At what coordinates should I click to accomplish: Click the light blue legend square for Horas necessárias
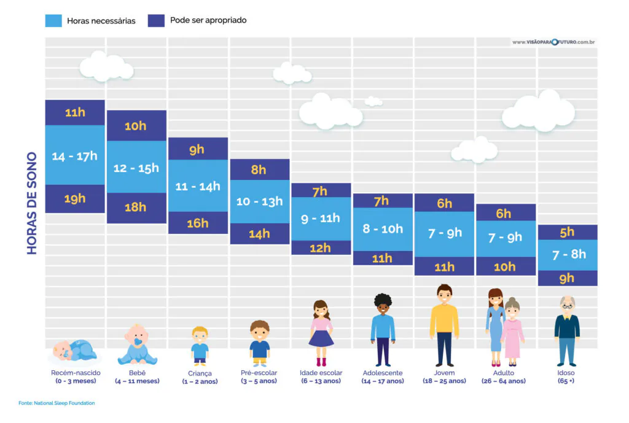[53, 20]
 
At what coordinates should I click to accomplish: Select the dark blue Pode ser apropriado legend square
[156, 20]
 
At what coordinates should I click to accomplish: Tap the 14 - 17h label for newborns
[74, 156]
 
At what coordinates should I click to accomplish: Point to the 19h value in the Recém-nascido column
[74, 199]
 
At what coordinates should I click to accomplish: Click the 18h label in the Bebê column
[136, 208]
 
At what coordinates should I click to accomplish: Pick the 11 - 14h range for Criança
[197, 186]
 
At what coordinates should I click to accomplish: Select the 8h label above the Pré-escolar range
[259, 170]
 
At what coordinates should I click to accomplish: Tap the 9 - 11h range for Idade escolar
[320, 218]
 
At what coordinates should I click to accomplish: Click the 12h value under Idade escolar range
[320, 248]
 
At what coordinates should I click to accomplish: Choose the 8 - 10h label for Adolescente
[382, 229]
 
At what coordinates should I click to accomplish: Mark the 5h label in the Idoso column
[567, 232]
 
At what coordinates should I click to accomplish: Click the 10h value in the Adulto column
[505, 266]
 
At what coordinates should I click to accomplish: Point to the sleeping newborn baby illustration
[74, 351]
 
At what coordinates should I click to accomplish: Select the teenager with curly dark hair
[383, 329]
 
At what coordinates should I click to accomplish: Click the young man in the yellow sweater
[444, 324]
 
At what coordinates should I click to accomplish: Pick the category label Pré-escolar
[259, 373]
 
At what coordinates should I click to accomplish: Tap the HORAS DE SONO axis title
[32, 203]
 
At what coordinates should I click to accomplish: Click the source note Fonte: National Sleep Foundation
[57, 403]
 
